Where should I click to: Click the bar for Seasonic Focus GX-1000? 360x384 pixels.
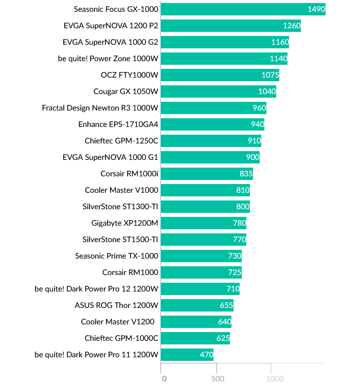(x=243, y=9)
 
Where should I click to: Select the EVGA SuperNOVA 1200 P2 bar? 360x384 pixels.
(x=230, y=26)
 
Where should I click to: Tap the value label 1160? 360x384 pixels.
(x=280, y=42)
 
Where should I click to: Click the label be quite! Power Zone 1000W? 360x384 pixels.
(x=108, y=59)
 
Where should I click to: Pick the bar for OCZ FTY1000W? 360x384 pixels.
(x=220, y=75)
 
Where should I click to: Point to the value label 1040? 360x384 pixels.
(x=267, y=92)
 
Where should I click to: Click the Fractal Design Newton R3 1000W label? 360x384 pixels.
(x=100, y=108)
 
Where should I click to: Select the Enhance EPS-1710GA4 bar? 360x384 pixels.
(x=212, y=124)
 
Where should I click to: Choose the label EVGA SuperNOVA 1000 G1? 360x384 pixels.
(x=111, y=157)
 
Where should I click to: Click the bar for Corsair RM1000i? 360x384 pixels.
(x=207, y=174)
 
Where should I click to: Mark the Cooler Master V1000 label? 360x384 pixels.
(x=121, y=190)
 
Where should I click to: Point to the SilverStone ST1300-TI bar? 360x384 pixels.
(x=205, y=207)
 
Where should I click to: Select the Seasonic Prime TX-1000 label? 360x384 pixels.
(x=117, y=256)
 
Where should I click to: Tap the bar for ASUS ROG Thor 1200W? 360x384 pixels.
(x=197, y=305)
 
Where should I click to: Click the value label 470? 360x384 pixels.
(x=206, y=355)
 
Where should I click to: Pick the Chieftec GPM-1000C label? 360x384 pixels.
(x=121, y=338)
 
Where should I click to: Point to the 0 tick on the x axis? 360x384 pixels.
(x=164, y=379)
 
